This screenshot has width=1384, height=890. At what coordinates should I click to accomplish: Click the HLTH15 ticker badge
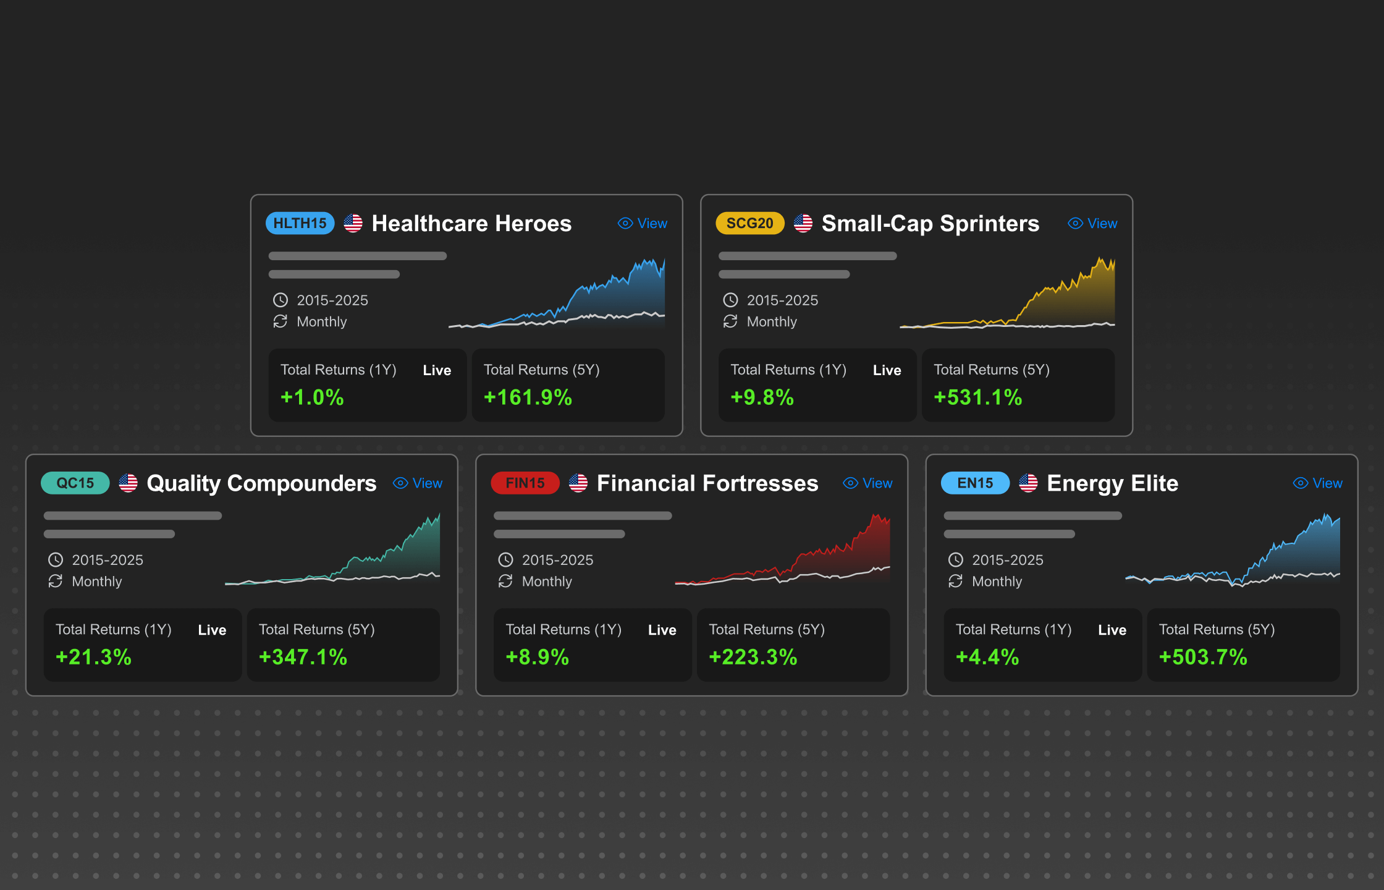pyautogui.click(x=300, y=223)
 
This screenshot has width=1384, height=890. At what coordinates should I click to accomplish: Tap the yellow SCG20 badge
pyautogui.click(x=749, y=223)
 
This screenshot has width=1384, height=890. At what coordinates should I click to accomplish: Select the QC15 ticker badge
pyautogui.click(x=75, y=483)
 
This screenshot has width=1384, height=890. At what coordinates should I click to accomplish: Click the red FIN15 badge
pyautogui.click(x=525, y=483)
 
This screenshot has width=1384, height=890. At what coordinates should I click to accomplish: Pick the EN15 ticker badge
pyautogui.click(x=975, y=483)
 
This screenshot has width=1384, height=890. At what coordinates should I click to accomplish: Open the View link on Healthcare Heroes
pyautogui.click(x=643, y=223)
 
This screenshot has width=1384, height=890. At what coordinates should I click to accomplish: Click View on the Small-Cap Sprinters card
pyautogui.click(x=1093, y=223)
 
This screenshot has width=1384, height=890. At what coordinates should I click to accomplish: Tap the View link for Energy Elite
pyautogui.click(x=1318, y=483)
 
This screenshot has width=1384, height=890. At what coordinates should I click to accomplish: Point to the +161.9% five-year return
pyautogui.click(x=528, y=397)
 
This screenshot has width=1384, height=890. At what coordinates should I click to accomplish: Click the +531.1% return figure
pyautogui.click(x=977, y=397)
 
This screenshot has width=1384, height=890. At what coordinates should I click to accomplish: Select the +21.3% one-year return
pyautogui.click(x=93, y=656)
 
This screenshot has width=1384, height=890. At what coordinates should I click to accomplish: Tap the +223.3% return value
pyautogui.click(x=753, y=656)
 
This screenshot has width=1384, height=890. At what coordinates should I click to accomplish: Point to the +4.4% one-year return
pyautogui.click(x=987, y=656)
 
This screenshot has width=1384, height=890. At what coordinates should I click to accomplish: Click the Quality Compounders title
pyautogui.click(x=261, y=483)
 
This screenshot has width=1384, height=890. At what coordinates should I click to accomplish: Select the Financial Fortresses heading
pyautogui.click(x=707, y=483)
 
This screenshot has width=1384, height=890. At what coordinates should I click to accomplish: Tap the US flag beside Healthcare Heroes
pyautogui.click(x=353, y=223)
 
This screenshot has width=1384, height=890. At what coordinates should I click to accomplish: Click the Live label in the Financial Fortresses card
pyautogui.click(x=662, y=630)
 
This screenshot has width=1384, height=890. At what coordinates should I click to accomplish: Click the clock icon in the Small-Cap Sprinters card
pyautogui.click(x=730, y=300)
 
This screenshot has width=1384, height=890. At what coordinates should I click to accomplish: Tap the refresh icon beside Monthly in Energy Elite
pyautogui.click(x=955, y=581)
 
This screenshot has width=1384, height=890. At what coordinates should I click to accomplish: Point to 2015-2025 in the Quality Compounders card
pyautogui.click(x=108, y=560)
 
